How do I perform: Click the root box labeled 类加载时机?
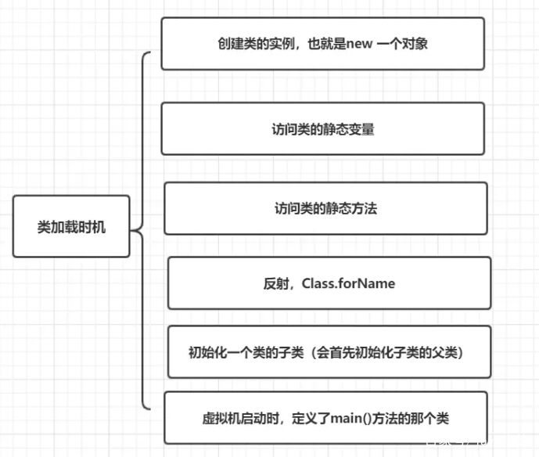(x=71, y=226)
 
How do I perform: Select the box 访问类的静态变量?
(x=322, y=128)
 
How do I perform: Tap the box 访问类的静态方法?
(x=325, y=208)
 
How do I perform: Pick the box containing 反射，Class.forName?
(x=329, y=282)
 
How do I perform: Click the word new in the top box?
(x=367, y=44)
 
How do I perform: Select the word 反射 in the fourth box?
(x=275, y=283)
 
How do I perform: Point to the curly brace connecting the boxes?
(x=141, y=230)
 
